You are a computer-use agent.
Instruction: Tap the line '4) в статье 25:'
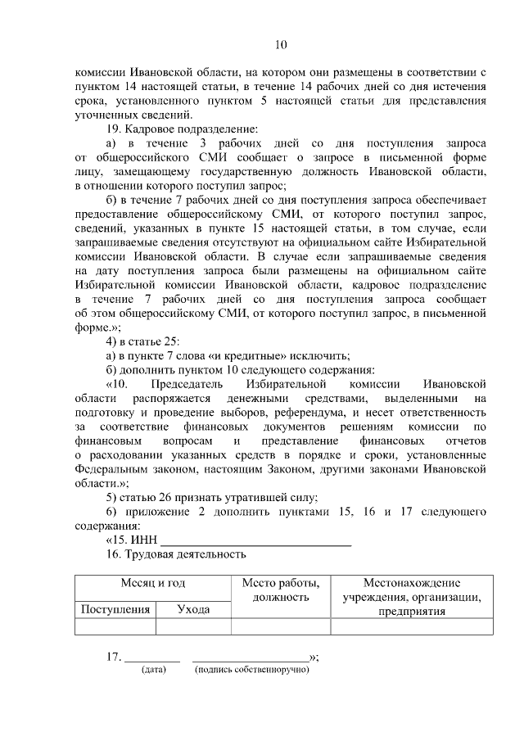pos(143,340)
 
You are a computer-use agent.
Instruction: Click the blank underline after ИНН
pos(255,542)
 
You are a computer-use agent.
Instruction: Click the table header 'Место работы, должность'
pos(280,590)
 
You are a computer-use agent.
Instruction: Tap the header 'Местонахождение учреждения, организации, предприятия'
pos(411,596)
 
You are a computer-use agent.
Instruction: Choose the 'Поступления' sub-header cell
pos(115,609)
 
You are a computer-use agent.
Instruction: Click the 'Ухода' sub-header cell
pos(193,609)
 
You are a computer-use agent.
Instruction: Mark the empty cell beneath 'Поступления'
pos(115,626)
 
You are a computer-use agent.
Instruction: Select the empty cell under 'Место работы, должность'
pos(280,626)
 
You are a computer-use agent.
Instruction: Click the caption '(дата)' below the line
pos(153,671)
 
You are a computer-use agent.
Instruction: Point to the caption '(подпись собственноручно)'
pos(251,671)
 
